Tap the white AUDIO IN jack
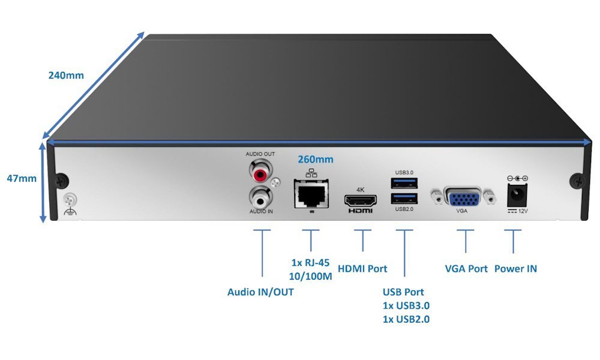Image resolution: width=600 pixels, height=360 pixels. [x=260, y=196]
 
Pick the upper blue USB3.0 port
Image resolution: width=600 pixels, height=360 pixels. [x=404, y=182]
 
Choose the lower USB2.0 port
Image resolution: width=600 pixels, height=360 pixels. [x=404, y=199]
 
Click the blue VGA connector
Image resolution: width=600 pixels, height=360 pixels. [x=466, y=197]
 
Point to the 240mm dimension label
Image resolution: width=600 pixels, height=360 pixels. [x=66, y=76]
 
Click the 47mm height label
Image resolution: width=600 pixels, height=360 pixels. [x=22, y=178]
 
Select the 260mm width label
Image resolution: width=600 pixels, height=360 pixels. [x=316, y=160]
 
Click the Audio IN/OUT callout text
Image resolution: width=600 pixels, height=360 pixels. [x=260, y=292]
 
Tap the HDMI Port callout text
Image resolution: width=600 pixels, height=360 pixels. [x=363, y=269]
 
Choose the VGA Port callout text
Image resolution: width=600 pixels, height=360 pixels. [x=466, y=269]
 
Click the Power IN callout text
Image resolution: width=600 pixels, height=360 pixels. [x=515, y=269]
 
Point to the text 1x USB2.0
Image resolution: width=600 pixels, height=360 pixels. [x=406, y=319]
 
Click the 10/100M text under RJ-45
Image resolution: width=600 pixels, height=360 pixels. [x=311, y=277]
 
